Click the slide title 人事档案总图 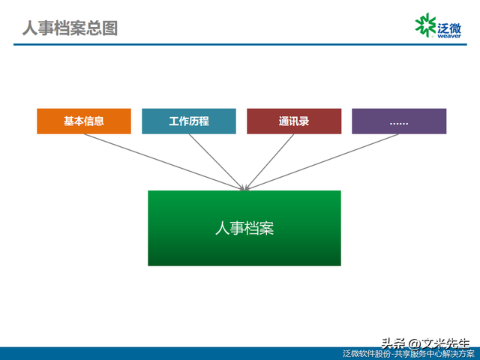69,28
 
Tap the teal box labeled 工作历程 189,121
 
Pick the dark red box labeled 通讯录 294,121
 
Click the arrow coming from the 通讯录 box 271,161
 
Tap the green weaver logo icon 425,25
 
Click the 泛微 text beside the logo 448,22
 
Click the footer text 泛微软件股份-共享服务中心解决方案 409,354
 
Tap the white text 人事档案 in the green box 244,228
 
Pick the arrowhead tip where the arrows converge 244,188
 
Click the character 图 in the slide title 109,28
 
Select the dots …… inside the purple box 399,121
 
